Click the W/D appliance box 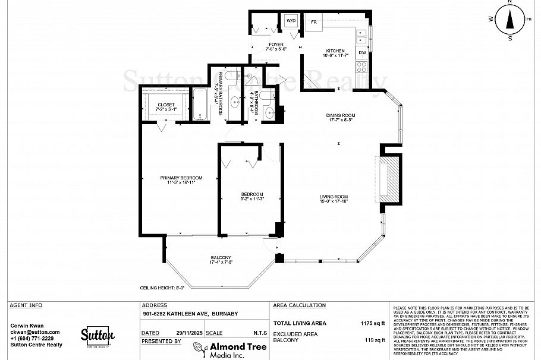tap(291, 21)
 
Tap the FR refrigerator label tap(313, 21)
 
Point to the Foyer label tap(276, 45)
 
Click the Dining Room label tap(340, 115)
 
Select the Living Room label tap(334, 197)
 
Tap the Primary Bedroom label tap(181, 178)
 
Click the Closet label tap(166, 105)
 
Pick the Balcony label tap(221, 257)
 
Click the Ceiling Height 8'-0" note tap(162, 288)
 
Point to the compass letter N tap(509, 2)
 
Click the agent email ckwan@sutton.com tap(35, 331)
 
